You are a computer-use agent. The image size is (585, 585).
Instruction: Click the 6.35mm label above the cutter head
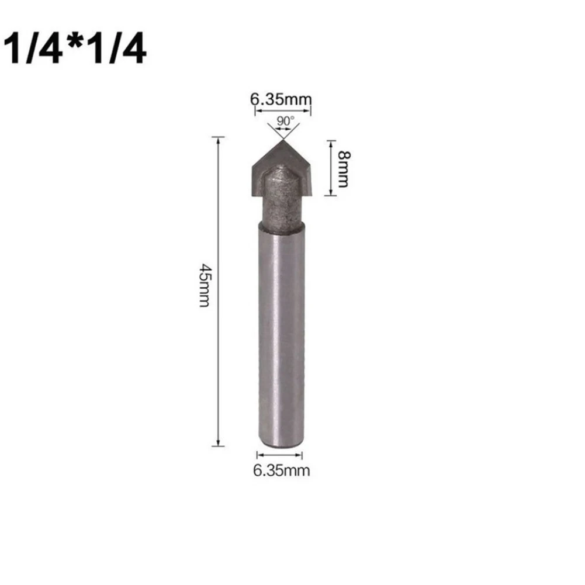coord(281,99)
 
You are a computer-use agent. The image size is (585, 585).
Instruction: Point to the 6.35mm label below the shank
coord(281,470)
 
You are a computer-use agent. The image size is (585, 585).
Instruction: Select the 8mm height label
coord(344,168)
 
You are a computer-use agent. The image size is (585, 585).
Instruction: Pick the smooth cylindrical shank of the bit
coord(281,333)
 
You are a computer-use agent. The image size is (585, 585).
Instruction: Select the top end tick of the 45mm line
coord(217,137)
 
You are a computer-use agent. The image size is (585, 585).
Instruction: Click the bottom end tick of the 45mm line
coord(217,446)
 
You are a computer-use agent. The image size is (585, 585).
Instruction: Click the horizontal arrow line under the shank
coord(281,455)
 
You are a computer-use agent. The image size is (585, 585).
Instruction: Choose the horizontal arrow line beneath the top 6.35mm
coord(281,110)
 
